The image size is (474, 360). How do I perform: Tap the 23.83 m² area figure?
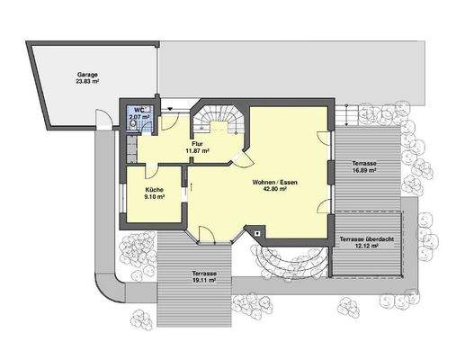(87, 82)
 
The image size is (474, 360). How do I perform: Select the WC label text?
(137, 109)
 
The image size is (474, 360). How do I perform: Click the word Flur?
(197, 143)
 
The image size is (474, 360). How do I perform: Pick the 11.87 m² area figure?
(197, 151)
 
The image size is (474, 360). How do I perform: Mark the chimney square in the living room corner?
(259, 232)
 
